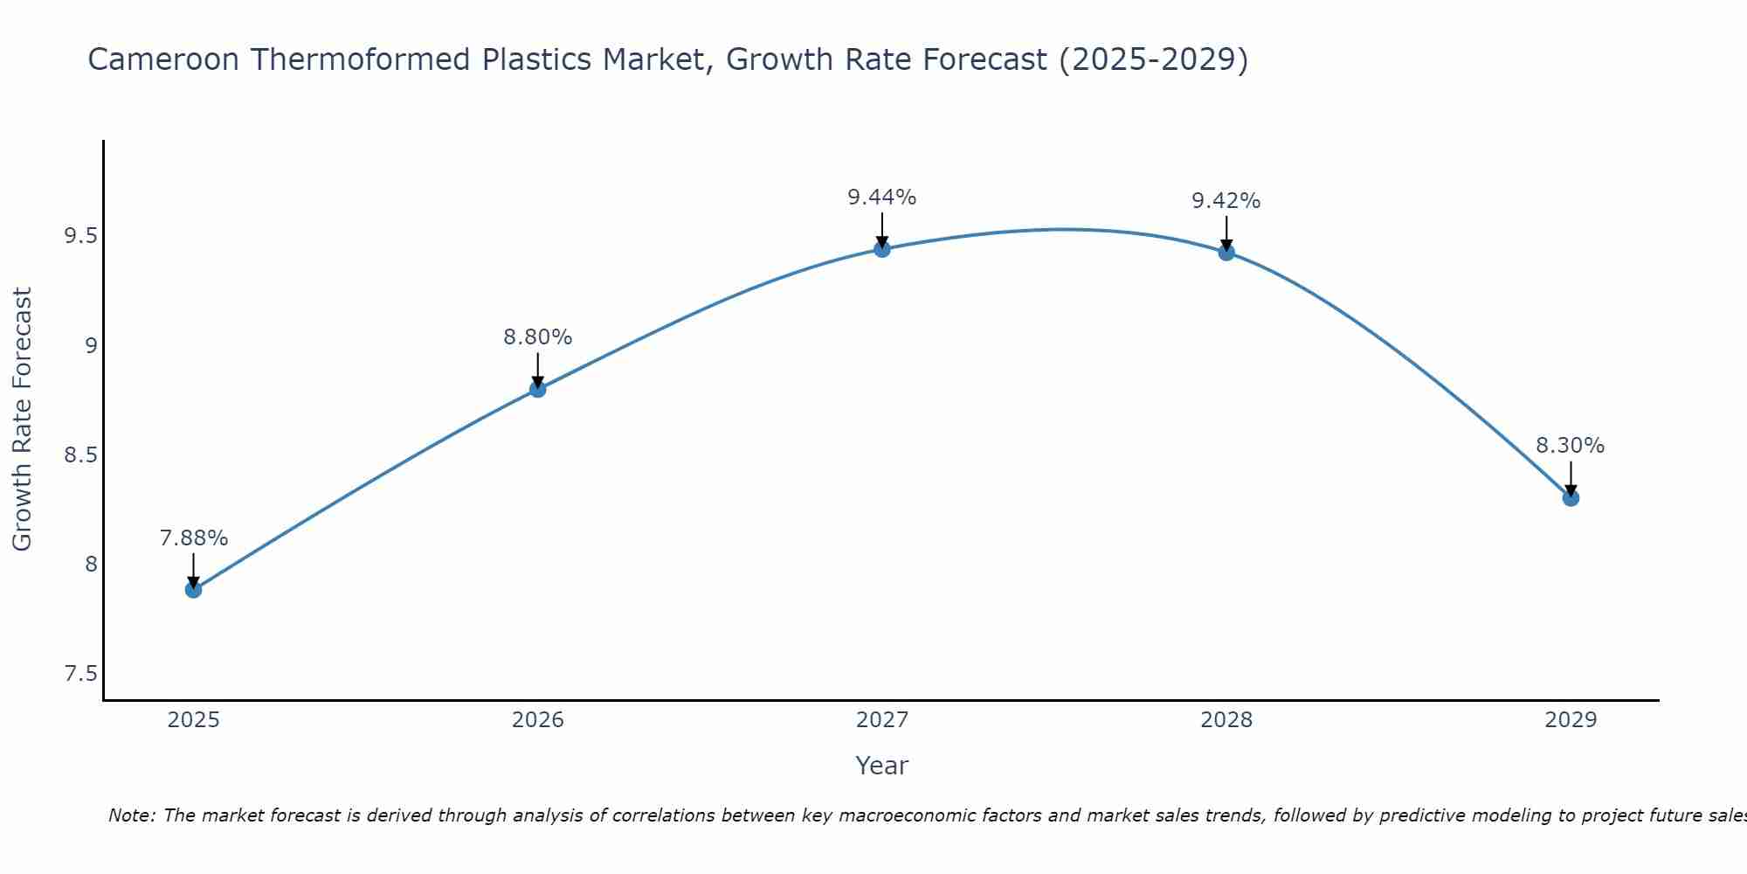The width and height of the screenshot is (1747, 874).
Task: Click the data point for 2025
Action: [x=193, y=590]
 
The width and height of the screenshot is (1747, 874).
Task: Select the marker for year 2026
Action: [x=538, y=389]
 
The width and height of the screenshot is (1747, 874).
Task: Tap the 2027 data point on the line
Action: [x=882, y=249]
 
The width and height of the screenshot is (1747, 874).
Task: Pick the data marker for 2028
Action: [x=1226, y=253]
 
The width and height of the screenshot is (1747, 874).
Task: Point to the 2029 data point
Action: [x=1571, y=498]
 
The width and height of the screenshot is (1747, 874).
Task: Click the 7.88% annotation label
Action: [x=193, y=538]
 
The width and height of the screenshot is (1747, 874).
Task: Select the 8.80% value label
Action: [x=537, y=337]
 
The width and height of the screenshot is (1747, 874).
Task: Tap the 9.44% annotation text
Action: [x=881, y=198]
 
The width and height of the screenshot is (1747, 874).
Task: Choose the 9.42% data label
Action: [x=1226, y=201]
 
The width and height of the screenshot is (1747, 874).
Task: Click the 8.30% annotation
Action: [x=1570, y=446]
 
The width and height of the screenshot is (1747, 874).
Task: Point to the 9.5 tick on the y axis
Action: [x=80, y=236]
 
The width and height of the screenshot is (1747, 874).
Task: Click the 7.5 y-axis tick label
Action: [x=80, y=674]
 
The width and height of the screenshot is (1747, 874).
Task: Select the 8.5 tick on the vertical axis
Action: [x=80, y=455]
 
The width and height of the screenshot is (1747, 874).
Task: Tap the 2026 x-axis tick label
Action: [x=538, y=720]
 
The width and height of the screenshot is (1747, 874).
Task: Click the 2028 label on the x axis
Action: [x=1226, y=720]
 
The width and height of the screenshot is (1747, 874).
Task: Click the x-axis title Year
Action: [x=882, y=766]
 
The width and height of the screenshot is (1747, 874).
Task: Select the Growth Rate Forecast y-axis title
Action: [x=23, y=420]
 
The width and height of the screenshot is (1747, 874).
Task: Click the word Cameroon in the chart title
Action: [x=163, y=59]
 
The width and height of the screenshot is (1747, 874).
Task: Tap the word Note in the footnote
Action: [x=131, y=815]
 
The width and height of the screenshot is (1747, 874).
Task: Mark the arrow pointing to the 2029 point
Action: [x=1571, y=479]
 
